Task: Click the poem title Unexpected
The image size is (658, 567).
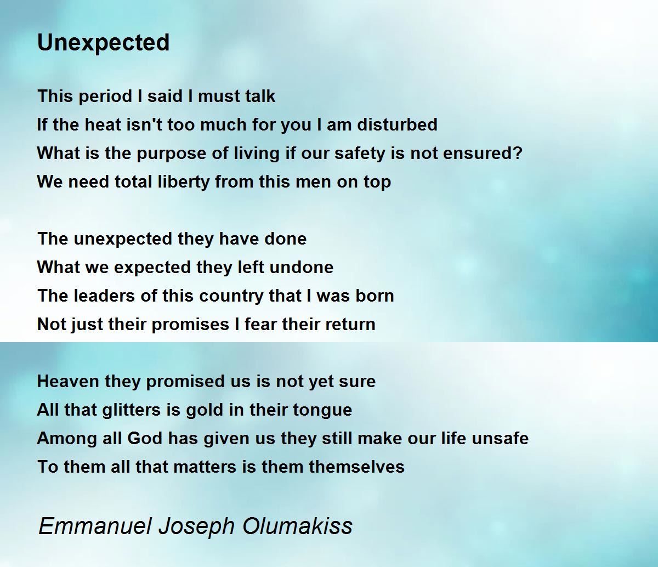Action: [103, 43]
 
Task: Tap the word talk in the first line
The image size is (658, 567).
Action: [260, 96]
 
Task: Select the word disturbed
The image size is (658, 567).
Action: [397, 124]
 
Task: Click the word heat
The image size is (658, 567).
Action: [103, 124]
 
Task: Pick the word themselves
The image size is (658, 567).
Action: [356, 467]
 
